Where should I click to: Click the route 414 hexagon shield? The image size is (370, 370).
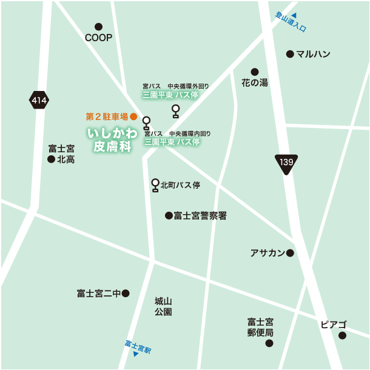pos(39,100)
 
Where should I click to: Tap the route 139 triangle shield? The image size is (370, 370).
pos(286,163)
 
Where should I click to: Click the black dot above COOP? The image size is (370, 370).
pos(99,27)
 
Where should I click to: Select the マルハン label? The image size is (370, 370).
pos(313,54)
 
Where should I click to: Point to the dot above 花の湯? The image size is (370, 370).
pos(255,72)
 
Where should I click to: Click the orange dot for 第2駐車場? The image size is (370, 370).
pos(134,116)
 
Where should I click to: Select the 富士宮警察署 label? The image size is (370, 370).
pos(200,215)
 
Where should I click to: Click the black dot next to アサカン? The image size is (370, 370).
pos(290,253)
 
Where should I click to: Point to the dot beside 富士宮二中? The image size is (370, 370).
pos(126,294)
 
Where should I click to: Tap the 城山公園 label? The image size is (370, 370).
pos(163,306)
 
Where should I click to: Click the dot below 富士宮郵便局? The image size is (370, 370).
pos(269,343)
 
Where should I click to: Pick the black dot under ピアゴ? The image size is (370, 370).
pos(342,335)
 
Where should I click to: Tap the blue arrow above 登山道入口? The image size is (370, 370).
pos(294,15)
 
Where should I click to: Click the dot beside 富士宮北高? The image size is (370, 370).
pos(51,160)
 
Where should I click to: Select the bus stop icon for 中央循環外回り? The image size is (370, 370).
pos(176,110)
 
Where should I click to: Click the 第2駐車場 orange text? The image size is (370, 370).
pos(107,116)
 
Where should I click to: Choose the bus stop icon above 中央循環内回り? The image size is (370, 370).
pos(146,123)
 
